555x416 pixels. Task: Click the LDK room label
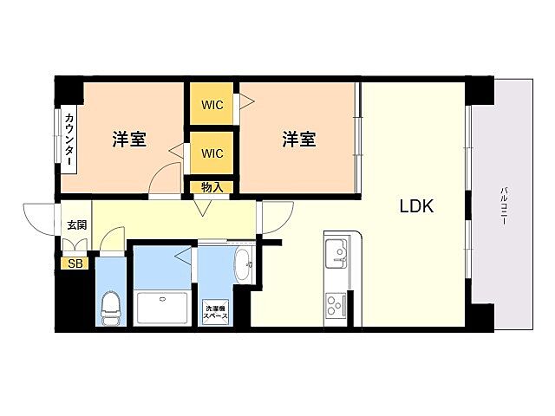pos(415,207)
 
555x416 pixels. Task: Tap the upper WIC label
pos(212,106)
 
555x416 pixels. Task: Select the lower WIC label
pos(212,153)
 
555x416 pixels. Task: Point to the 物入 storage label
pos(212,186)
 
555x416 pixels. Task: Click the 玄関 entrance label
pos(76,225)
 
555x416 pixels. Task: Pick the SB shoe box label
pos(75,263)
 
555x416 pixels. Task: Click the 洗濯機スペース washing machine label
pos(216,312)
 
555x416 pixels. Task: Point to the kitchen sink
pos(336,255)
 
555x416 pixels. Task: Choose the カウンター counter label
pos(69,139)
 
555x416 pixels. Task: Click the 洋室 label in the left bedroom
pos(128,139)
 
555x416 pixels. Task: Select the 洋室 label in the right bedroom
pos(298,139)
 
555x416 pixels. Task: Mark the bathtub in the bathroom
pos(162,308)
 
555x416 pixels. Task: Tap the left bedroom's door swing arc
pos(164,179)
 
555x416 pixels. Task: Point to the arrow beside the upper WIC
pos(246,103)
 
